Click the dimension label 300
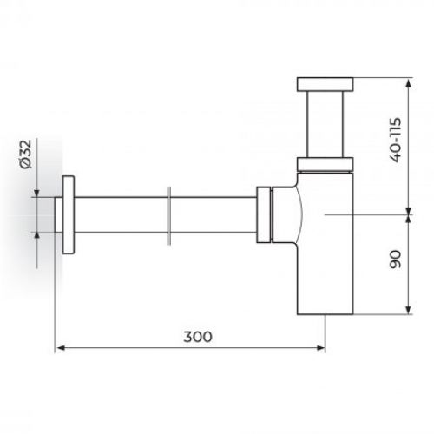pos(198,336)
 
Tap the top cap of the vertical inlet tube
pos(325,84)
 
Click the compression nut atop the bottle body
pos(325,162)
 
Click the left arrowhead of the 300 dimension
pos(60,349)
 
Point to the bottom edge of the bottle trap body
pos(325,311)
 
